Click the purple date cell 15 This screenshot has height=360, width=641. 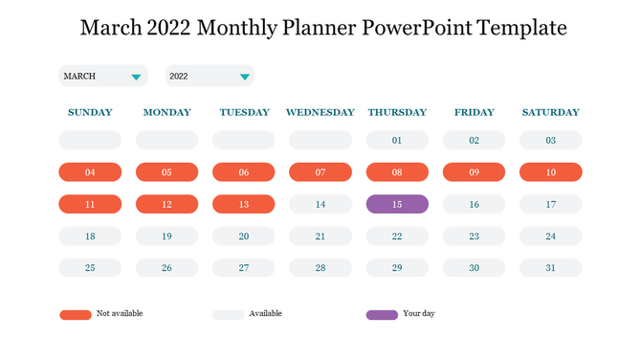coord(397,204)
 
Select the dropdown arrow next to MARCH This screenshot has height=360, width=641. coord(137,77)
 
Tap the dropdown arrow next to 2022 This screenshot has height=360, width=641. coord(245,77)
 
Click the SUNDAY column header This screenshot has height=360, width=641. coord(90,112)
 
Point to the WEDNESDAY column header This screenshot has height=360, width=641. coord(320,112)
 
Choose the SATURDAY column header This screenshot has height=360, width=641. coord(550,112)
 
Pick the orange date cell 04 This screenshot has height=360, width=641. coord(90,172)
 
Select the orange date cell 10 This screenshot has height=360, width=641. coord(550,172)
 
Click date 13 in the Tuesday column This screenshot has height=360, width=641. coord(244,204)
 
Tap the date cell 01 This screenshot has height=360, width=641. coord(397,141)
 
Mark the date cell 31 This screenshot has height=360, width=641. coord(550,268)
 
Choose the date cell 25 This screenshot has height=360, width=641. coord(90,268)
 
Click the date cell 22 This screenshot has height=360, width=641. coord(397,236)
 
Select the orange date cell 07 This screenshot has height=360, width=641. coord(320,172)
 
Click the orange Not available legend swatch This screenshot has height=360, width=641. coord(75,314)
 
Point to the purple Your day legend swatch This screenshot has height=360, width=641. coord(382,314)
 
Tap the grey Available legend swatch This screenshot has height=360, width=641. coord(228,314)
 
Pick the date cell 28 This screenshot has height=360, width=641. coord(320,268)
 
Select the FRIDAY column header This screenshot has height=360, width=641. coord(474,112)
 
